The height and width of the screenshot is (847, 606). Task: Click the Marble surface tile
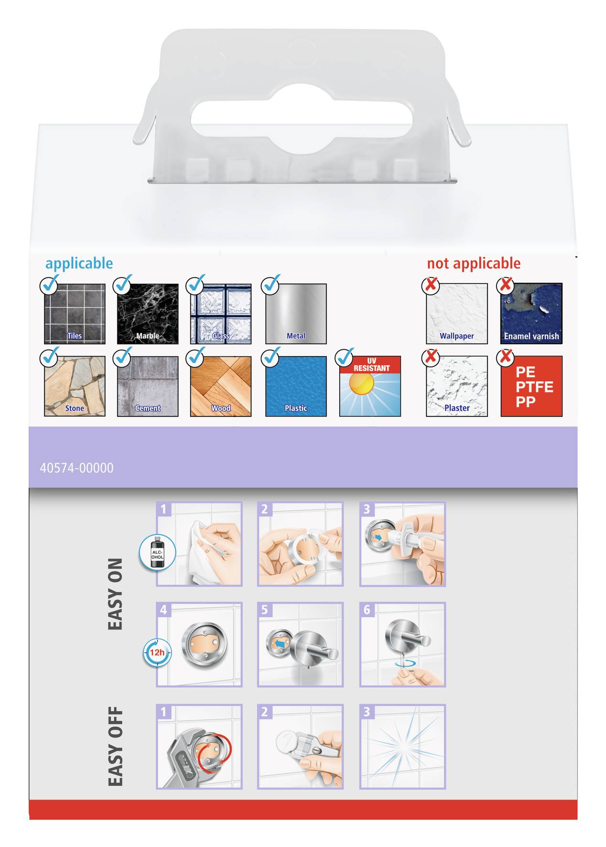tap(148, 314)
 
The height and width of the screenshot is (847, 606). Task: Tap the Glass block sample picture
tap(221, 314)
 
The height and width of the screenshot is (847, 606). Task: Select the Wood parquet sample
tap(221, 386)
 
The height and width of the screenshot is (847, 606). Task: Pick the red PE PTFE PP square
tap(531, 386)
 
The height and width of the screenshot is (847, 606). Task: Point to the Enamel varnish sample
tap(531, 314)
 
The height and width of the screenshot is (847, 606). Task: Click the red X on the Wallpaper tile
tap(431, 285)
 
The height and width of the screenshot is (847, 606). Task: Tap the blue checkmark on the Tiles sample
tap(49, 285)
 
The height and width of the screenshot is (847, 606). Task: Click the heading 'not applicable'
tap(473, 263)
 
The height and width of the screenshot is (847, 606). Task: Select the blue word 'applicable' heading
tap(79, 263)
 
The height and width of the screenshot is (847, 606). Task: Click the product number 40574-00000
tap(76, 468)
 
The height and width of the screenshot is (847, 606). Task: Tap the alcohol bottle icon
tap(157, 553)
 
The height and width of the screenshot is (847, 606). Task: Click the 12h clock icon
tap(157, 652)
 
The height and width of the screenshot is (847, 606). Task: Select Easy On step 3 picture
tap(402, 544)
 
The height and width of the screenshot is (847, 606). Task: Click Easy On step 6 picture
tap(402, 644)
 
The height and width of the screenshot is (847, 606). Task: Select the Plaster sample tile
tap(457, 386)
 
